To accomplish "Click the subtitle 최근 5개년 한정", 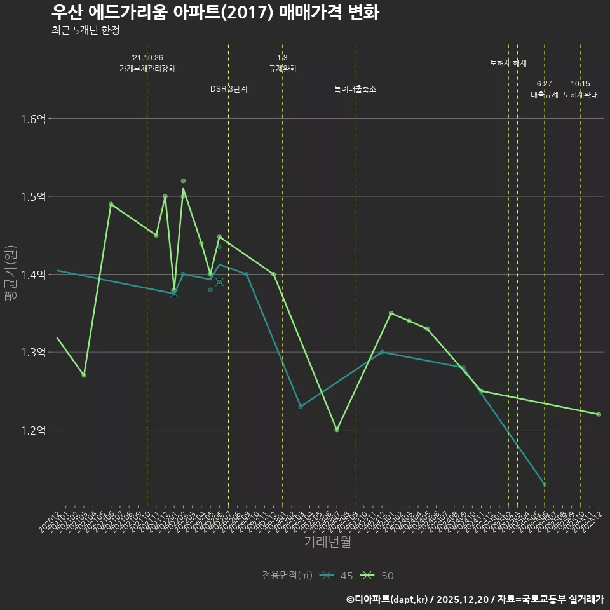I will pyautogui.click(x=85, y=30).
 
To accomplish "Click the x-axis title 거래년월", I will pyautogui.click(x=327, y=541).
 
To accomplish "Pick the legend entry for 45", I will pyautogui.click(x=337, y=576).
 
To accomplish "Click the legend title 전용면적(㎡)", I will pyautogui.click(x=287, y=576).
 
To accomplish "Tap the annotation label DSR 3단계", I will pyautogui.click(x=229, y=90).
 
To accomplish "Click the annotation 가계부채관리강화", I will pyautogui.click(x=147, y=69).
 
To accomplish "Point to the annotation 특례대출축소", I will pyautogui.click(x=355, y=90).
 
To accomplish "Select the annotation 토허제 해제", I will pyautogui.click(x=508, y=63).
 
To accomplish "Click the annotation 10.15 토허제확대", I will pyautogui.click(x=580, y=90).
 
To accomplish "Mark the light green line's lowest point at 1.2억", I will pyautogui.click(x=337, y=430).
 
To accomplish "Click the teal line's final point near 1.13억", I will pyautogui.click(x=545, y=485).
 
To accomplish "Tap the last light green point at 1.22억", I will pyautogui.click(x=599, y=414).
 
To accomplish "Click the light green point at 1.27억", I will pyautogui.click(x=84, y=376).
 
